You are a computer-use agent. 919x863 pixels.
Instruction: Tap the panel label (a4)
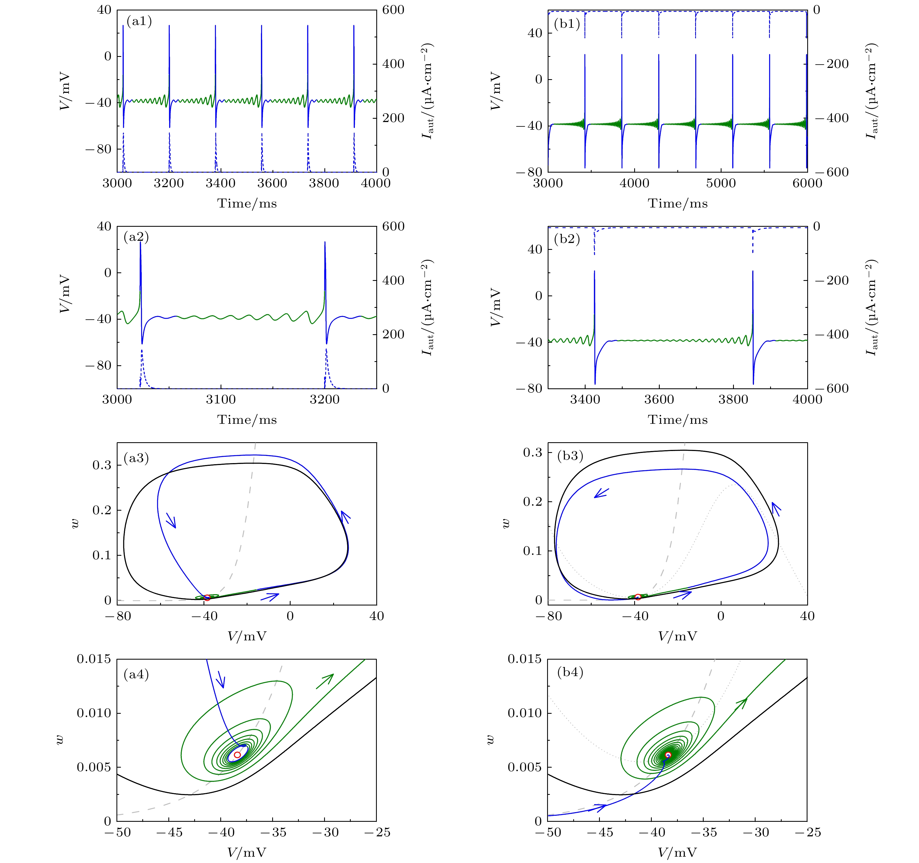pos(136,674)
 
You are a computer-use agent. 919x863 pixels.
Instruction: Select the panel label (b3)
pos(570,456)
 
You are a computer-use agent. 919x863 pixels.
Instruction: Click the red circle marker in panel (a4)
pos(237,755)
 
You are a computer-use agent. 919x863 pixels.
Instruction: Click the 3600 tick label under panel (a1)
pos(272,184)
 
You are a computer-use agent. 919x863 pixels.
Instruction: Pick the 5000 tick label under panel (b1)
pos(721,184)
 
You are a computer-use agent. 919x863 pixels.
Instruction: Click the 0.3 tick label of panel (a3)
pos(102,465)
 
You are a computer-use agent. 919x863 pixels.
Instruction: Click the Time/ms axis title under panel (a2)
pos(247,420)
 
